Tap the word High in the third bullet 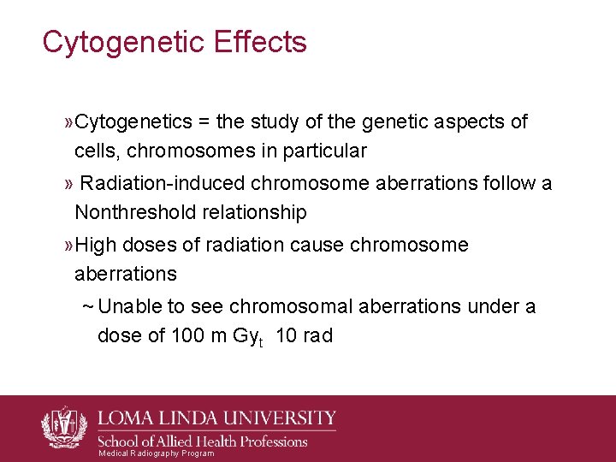pyautogui.click(x=96, y=246)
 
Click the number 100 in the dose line pyautogui.click(x=187, y=335)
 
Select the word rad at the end pyautogui.click(x=317, y=335)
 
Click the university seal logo pyautogui.click(x=65, y=425)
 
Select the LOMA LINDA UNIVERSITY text pyautogui.click(x=218, y=418)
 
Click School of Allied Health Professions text pyautogui.click(x=204, y=441)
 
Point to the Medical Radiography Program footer pyautogui.click(x=156, y=453)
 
